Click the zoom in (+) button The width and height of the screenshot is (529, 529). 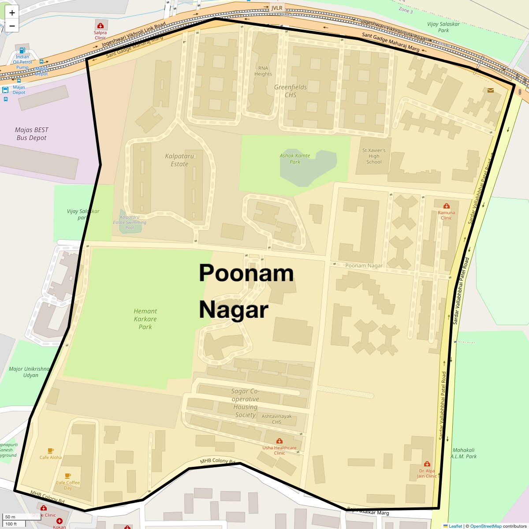[12, 13]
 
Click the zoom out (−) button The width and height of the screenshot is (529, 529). [12, 26]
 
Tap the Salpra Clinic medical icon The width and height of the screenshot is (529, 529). [101, 26]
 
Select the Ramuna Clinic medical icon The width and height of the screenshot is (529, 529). [447, 206]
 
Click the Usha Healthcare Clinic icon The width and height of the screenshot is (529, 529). [279, 441]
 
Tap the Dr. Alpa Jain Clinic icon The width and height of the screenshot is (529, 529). [427, 464]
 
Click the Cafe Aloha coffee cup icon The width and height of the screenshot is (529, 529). [51, 451]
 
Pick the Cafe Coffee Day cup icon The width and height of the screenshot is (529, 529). [67, 476]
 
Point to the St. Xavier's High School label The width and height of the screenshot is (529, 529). [374, 156]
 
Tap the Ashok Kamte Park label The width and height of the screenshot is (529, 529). [295, 159]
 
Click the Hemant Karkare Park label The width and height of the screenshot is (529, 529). [145, 319]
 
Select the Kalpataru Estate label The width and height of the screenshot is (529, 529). [179, 160]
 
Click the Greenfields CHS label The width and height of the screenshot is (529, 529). [291, 91]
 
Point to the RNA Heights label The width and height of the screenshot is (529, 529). [263, 71]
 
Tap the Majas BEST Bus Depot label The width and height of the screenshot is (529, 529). [32, 134]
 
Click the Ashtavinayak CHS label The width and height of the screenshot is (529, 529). [277, 419]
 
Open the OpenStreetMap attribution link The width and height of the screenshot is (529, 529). [485, 526]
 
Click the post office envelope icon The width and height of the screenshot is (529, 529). [491, 90]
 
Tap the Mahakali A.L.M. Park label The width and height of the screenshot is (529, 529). [464, 453]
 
